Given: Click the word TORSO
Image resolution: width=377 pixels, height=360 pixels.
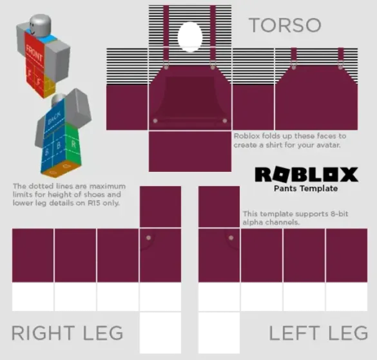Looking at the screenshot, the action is (x=285, y=25).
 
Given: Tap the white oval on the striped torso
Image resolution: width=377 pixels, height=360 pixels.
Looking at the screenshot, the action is (x=190, y=37).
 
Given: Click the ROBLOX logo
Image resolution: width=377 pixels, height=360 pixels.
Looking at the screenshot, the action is (x=306, y=175).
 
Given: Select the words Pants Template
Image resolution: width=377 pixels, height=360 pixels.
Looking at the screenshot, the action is (x=306, y=189).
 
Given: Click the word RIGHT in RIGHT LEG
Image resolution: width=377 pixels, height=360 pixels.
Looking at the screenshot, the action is (x=43, y=333).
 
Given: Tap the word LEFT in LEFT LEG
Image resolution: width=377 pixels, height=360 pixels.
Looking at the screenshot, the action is (x=294, y=333).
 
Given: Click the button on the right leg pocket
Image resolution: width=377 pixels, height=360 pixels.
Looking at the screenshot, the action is (x=148, y=238).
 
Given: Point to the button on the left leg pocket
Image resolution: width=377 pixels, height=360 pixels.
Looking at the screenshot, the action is (x=231, y=238).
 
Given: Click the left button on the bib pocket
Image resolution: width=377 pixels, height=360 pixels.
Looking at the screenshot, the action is (x=155, y=120).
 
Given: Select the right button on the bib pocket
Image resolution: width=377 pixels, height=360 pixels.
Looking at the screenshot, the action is (x=225, y=120).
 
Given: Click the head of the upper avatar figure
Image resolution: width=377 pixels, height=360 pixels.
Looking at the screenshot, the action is (x=41, y=24).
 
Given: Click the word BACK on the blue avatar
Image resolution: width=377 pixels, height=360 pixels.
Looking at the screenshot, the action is (x=54, y=117).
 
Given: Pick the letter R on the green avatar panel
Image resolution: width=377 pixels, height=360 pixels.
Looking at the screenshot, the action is (x=73, y=144).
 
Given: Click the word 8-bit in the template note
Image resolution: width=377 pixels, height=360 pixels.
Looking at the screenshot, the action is (x=339, y=214).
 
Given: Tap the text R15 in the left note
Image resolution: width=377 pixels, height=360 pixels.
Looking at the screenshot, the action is (x=94, y=203).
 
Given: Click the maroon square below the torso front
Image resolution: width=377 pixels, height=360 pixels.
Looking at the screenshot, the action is (x=190, y=151).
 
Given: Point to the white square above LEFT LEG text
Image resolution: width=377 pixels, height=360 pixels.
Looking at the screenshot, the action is (x=219, y=333).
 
